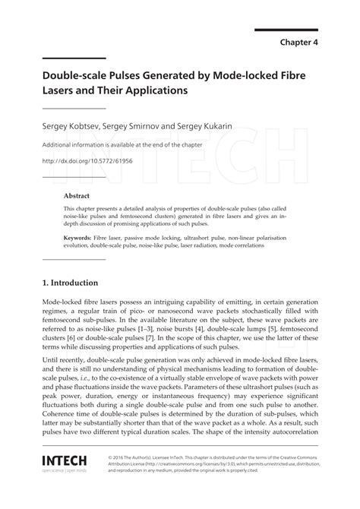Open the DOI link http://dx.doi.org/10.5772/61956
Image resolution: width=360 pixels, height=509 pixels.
[87, 161]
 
